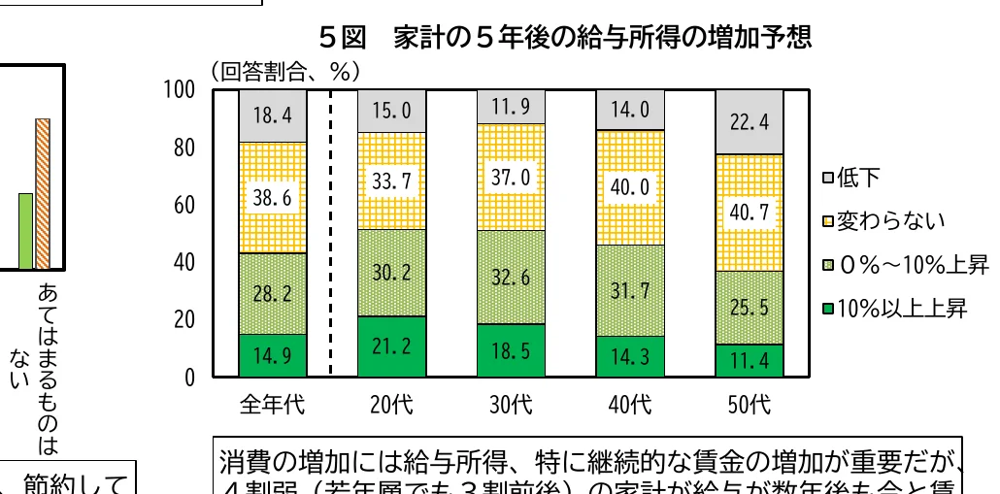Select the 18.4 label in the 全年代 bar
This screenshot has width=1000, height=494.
(273, 115)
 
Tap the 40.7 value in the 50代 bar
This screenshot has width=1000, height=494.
(749, 213)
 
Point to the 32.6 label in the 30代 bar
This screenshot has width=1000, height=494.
(511, 278)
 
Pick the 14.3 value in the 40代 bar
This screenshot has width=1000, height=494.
(630, 357)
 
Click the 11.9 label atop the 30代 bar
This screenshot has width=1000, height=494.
(511, 107)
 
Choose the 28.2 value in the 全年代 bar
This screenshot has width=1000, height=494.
(273, 294)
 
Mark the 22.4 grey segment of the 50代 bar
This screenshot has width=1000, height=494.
(749, 121)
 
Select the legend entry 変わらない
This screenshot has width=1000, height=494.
(883, 221)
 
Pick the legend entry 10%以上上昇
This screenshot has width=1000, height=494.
(894, 310)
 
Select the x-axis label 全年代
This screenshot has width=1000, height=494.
(273, 404)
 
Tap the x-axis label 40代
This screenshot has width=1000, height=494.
(630, 404)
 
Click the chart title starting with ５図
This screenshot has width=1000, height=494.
(564, 38)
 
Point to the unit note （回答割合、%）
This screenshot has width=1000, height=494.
(284, 70)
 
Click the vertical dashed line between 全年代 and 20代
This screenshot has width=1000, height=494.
(332, 233)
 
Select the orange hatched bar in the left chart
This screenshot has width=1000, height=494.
(42, 193)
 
